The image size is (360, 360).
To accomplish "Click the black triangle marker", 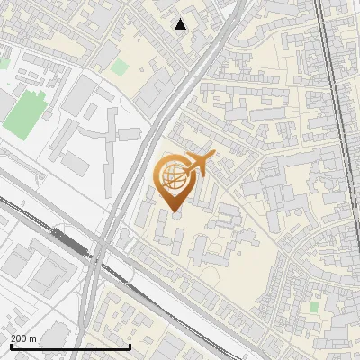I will (181, 24).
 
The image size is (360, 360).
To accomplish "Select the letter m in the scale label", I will (32, 338).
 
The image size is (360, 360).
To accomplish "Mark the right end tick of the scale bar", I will (130, 345).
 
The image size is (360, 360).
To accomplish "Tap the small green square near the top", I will (120, 67).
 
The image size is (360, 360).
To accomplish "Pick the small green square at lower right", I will (313, 307).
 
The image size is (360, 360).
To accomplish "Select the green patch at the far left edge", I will (4, 64).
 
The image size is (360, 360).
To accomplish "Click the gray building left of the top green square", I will (102, 53).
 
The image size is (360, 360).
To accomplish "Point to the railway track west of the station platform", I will (27, 216).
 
